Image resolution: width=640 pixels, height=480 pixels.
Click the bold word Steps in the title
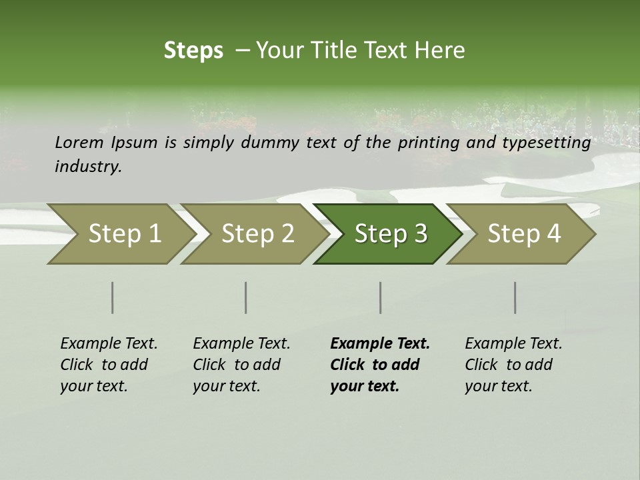point(193,51)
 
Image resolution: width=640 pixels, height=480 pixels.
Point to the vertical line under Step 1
point(113,297)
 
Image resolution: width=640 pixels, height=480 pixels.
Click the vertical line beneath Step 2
point(246,297)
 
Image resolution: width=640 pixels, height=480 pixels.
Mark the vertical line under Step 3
point(381,297)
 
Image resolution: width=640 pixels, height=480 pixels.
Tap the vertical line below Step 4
point(515,297)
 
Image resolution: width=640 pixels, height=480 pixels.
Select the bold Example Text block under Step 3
point(380,365)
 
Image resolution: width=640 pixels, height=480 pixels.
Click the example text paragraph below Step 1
point(109,365)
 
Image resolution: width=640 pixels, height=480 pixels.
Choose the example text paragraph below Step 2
point(241,365)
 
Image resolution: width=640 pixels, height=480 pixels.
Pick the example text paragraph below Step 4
point(513,365)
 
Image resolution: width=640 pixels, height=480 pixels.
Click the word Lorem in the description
point(79,142)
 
